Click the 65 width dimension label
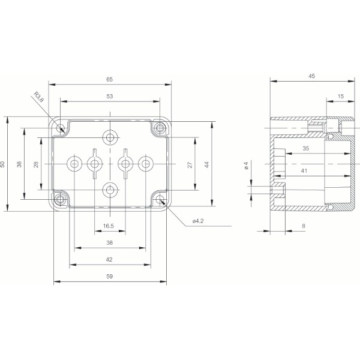pos(110,78)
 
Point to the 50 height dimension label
pos(3,164)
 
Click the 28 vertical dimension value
pos(36,164)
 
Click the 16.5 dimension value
pos(109,226)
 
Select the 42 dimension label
pos(109,260)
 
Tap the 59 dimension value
pos(109,276)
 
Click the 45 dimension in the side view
pos(311,76)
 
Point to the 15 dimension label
pos(341,95)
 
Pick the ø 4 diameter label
pos(247,166)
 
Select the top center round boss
pos(110,137)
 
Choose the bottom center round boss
pos(110,190)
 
